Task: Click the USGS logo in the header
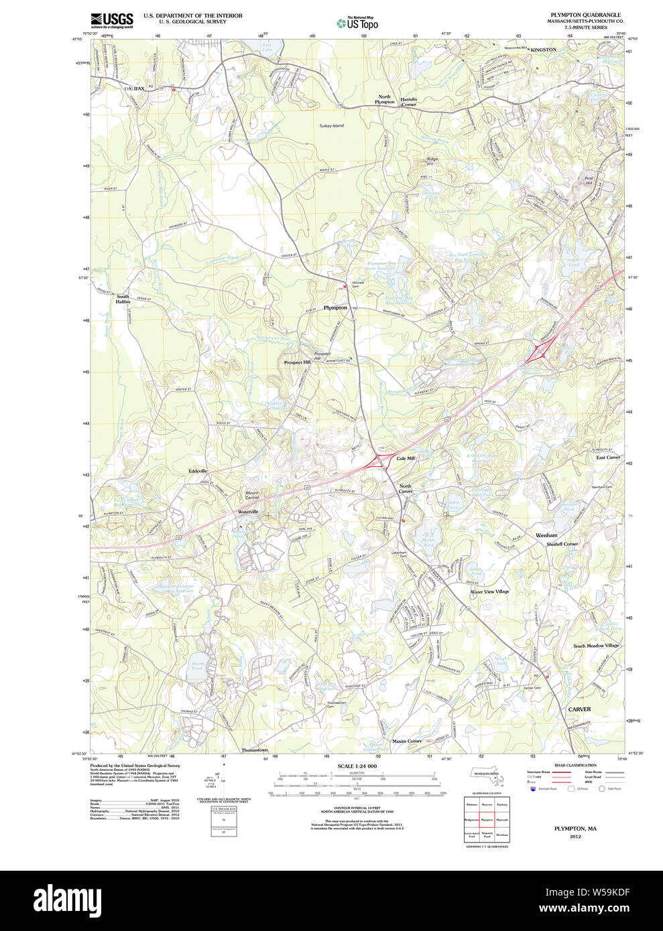[112, 19]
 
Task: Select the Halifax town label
[133, 88]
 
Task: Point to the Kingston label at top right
[543, 50]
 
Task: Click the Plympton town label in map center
[335, 307]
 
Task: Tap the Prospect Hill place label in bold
[297, 362]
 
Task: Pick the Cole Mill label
[406, 458]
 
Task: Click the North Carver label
[406, 489]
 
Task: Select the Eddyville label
[198, 471]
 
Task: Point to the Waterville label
[248, 512]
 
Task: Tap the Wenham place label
[546, 536]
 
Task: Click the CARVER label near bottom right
[579, 709]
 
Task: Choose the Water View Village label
[489, 591]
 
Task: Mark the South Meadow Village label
[596, 646]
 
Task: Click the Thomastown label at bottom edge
[255, 749]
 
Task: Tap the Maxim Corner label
[407, 741]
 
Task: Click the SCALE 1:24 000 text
[357, 766]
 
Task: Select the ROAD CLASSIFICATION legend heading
[575, 765]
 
